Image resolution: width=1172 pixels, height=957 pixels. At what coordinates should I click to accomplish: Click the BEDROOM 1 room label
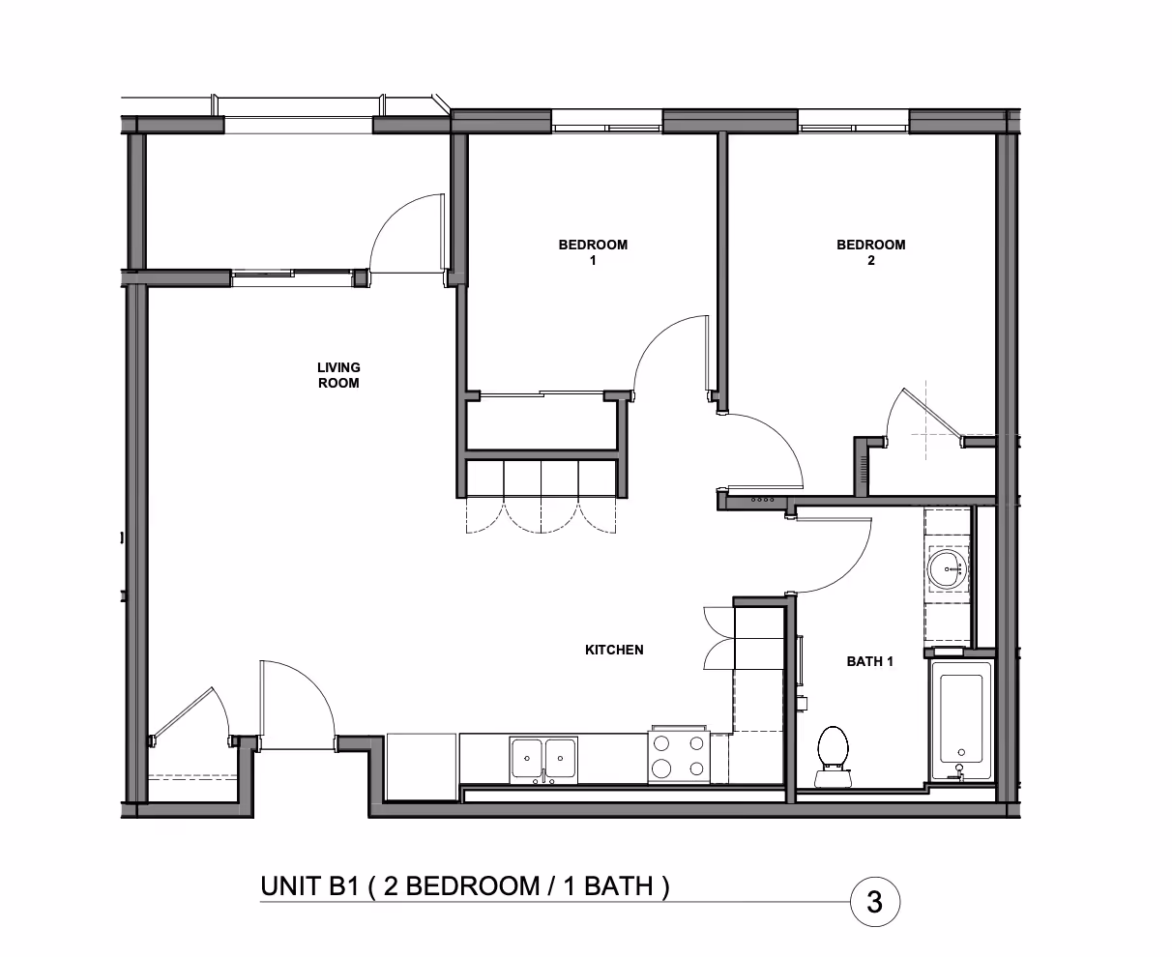coord(593,252)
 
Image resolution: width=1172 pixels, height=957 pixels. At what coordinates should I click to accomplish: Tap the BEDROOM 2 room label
coord(871,252)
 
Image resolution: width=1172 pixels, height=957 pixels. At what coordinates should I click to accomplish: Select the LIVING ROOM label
coord(338,375)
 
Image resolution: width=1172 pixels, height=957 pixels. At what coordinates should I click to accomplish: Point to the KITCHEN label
coord(614,650)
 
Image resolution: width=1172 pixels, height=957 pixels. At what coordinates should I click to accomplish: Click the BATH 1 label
coord(869,661)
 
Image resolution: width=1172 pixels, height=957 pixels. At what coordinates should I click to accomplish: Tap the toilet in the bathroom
coord(833,756)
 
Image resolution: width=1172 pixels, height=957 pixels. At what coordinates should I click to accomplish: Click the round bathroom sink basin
coord(948,568)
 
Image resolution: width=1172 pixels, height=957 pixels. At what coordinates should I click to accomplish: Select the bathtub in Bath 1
coord(961,721)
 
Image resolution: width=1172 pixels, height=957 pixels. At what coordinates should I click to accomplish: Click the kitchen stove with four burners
coord(679,756)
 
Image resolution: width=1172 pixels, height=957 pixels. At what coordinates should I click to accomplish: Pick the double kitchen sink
coord(543,760)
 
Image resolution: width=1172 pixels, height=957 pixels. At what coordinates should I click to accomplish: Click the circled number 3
coord(875,903)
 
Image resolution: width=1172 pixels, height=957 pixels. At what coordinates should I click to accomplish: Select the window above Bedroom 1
coord(607,125)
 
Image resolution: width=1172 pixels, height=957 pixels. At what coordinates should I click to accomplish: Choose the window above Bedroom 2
coord(854,125)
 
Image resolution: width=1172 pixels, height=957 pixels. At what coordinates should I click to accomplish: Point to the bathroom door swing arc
coord(850,571)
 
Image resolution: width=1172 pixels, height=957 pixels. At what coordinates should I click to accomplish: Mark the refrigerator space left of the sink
coord(422,767)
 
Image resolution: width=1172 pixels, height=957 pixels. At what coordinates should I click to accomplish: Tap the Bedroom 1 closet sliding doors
coord(542,395)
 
